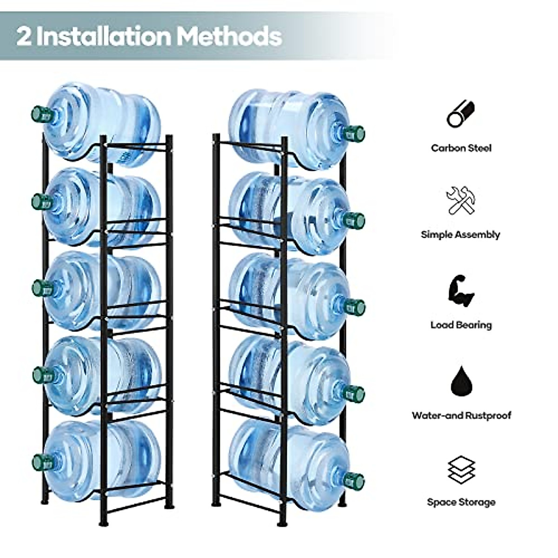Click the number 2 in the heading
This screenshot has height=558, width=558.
[x=24, y=36]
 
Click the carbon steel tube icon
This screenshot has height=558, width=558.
[x=460, y=114]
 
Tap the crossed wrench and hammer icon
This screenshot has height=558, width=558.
[x=460, y=200]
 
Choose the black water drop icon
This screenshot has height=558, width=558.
[x=461, y=380]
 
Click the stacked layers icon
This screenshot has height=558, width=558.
[x=461, y=470]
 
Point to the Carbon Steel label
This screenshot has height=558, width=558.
[x=461, y=148]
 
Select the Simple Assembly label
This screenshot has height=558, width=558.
[x=460, y=234]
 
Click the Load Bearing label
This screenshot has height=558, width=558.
[x=461, y=325]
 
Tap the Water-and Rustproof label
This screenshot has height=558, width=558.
[x=461, y=415]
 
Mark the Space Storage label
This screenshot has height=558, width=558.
[x=461, y=502]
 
